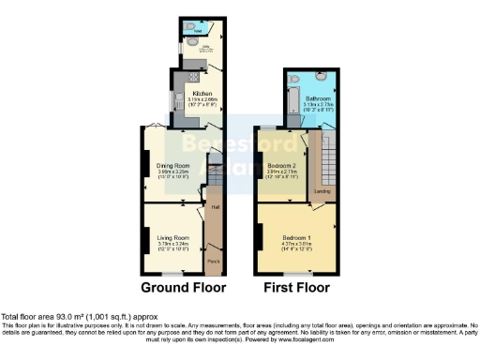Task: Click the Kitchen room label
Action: (202, 93)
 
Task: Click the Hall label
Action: (215, 206)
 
